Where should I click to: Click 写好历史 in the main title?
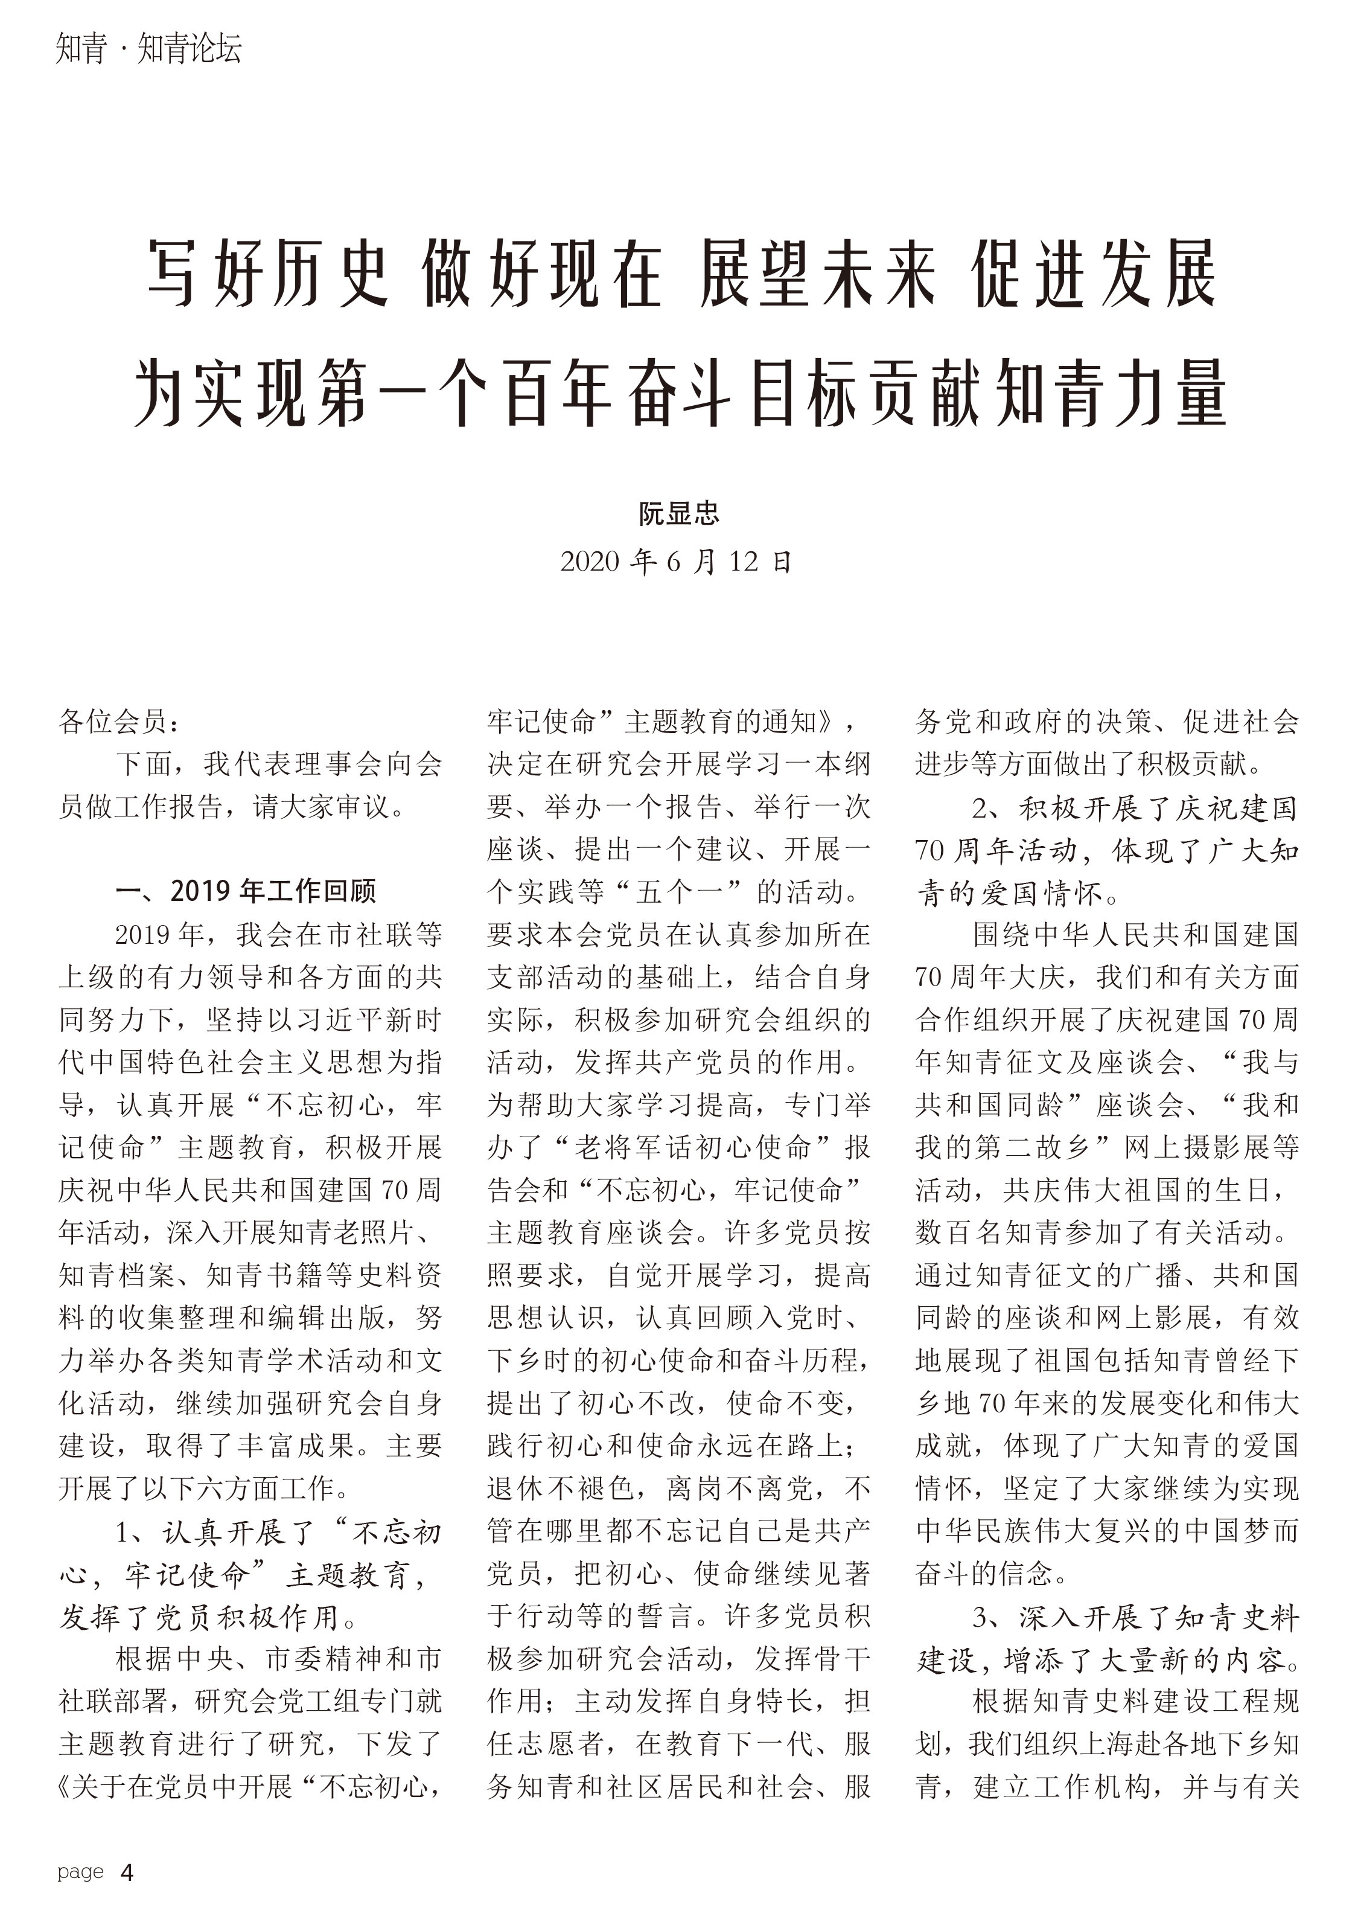[x=269, y=274]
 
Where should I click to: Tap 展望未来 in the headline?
[x=818, y=274]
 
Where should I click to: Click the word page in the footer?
[x=80, y=1872]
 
